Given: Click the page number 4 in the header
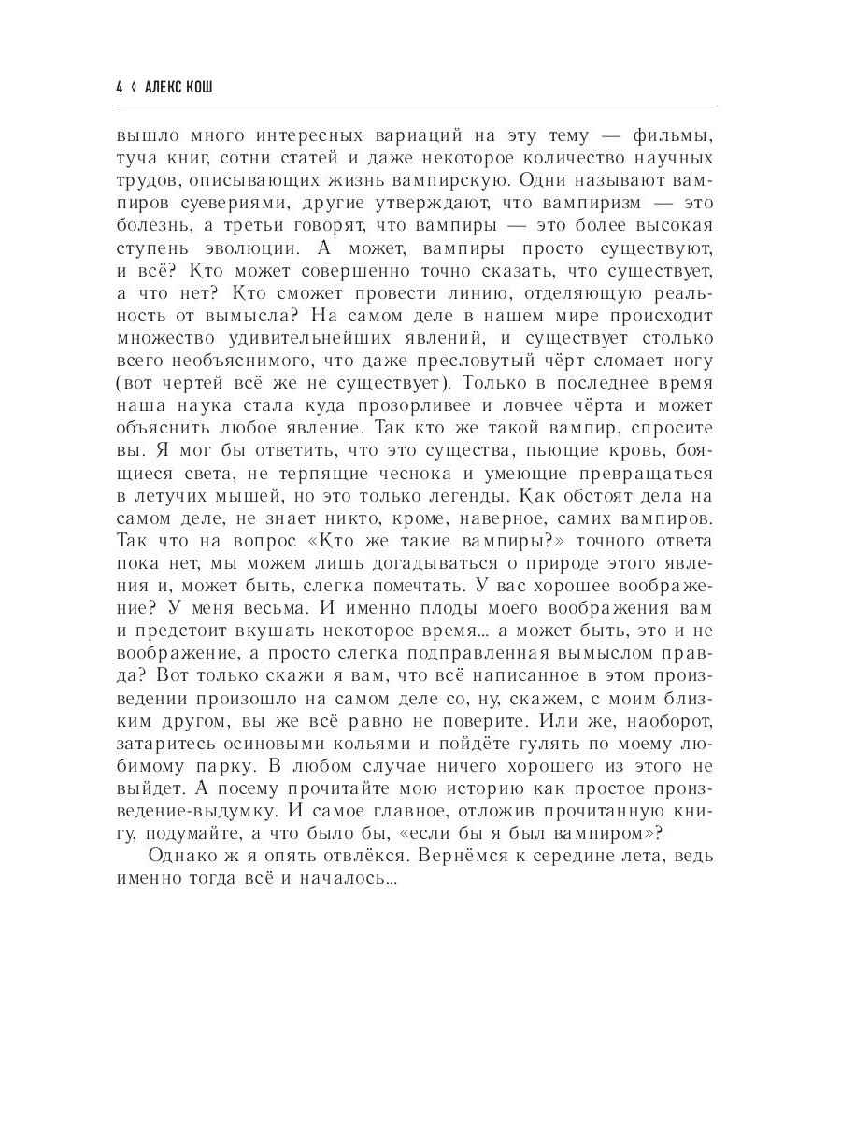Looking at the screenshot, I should click(119, 87).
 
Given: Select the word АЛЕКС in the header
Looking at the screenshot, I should click(173, 87).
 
